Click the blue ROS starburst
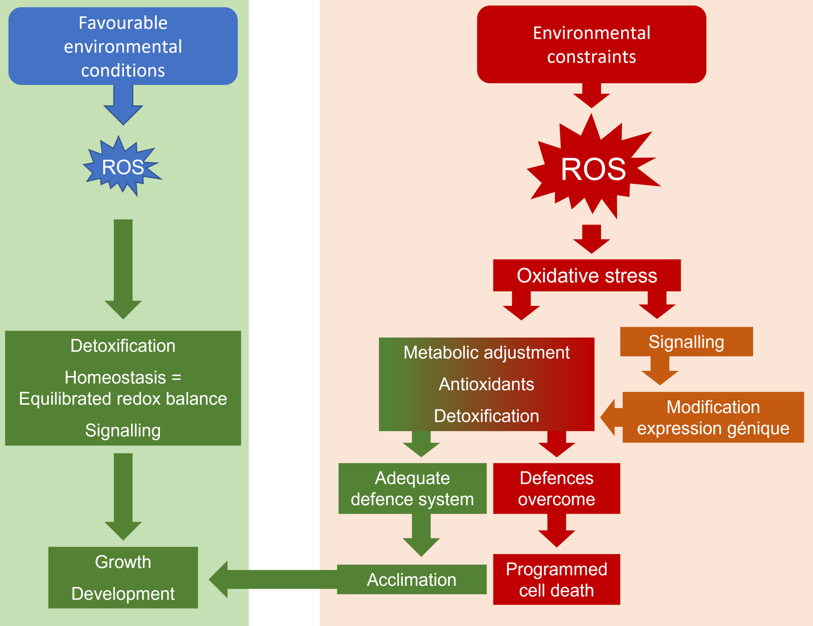pyautogui.click(x=123, y=167)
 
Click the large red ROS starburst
pyautogui.click(x=593, y=169)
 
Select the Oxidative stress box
pyautogui.click(x=586, y=275)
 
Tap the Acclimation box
pyautogui.click(x=412, y=580)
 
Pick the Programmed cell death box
pyautogui.click(x=556, y=580)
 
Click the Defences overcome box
pyautogui.click(x=556, y=488)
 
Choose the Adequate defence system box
pyautogui.click(x=412, y=488)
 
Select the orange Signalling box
pyautogui.click(x=686, y=342)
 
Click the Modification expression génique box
pyautogui.click(x=713, y=417)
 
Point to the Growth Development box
pyautogui.click(x=123, y=578)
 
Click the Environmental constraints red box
pyautogui.click(x=591, y=44)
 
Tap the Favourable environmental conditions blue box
pyautogui.click(x=123, y=46)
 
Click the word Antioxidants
pyautogui.click(x=486, y=384)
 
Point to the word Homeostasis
pyautogui.click(x=115, y=378)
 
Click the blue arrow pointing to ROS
pyautogui.click(x=123, y=105)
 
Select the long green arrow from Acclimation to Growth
pyautogui.click(x=274, y=580)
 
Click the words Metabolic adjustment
pyautogui.click(x=486, y=352)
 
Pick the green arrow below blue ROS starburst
pyautogui.click(x=123, y=270)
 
